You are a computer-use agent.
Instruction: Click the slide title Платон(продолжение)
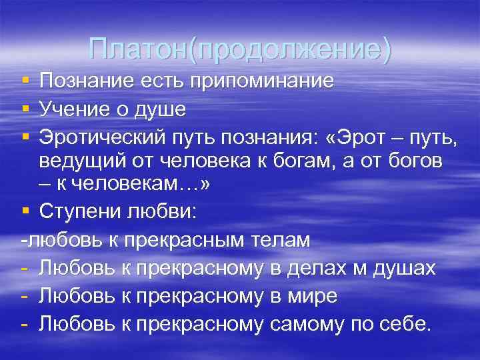coord(240,49)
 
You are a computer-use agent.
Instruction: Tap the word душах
coord(403,268)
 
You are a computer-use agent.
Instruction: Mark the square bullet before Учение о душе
coord(25,107)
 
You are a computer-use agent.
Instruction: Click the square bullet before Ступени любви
coord(25,213)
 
